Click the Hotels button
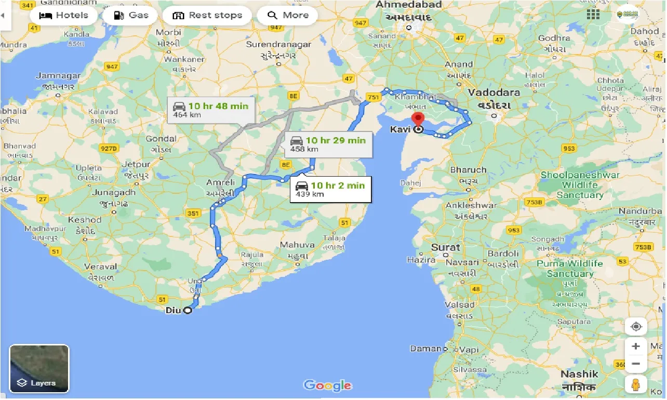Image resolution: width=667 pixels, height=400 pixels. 64,15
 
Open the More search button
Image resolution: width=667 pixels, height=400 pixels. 288,15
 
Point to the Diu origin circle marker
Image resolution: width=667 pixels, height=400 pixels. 187,311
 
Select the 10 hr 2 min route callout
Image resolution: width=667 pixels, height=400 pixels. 331,189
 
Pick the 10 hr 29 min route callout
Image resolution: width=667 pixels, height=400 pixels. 328,144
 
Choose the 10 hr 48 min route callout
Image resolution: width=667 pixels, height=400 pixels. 211,110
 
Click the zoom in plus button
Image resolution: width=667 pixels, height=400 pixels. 636,346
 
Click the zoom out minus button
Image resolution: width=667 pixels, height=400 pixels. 636,364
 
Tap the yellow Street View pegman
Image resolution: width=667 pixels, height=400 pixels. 636,385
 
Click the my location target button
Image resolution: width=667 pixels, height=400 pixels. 636,327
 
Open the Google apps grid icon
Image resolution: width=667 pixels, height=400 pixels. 593,14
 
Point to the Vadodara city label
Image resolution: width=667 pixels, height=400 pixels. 493,92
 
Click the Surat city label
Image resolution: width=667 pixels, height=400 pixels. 445,247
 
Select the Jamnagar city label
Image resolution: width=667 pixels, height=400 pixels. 58,76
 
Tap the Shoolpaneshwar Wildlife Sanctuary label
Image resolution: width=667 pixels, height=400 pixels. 580,185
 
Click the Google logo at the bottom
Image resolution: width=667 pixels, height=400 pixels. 328,385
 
